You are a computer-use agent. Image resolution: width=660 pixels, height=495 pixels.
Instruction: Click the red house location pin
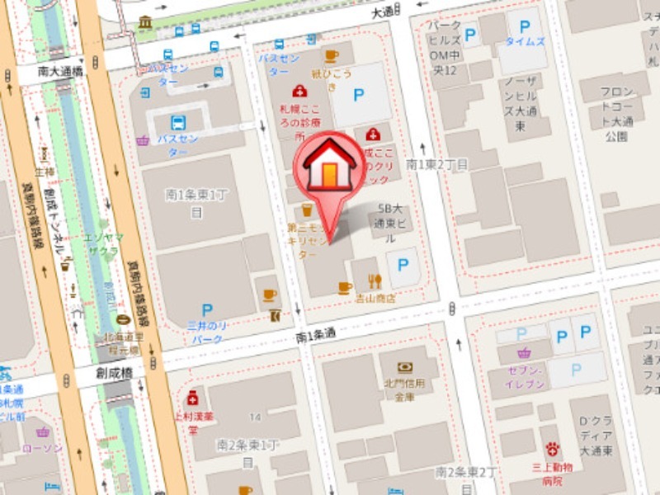point(329,169)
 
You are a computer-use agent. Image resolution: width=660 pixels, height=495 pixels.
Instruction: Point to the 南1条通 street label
point(315,335)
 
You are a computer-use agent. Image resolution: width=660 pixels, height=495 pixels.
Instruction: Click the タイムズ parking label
point(525,41)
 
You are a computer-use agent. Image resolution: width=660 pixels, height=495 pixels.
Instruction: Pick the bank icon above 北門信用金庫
point(404,368)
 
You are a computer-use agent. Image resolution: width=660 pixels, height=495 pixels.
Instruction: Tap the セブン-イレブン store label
point(521,378)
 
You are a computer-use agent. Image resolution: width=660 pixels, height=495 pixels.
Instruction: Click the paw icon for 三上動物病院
point(552,449)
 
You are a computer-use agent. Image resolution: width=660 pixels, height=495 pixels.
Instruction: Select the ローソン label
point(42,448)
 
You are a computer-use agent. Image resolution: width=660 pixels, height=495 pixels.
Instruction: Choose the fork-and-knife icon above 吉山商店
point(375,281)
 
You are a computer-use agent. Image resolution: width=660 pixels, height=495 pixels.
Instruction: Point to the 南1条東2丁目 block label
point(437,165)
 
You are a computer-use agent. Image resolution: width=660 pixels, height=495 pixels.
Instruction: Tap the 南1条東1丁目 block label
point(196,203)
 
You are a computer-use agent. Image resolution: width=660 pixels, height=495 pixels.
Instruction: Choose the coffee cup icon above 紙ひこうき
point(332,56)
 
